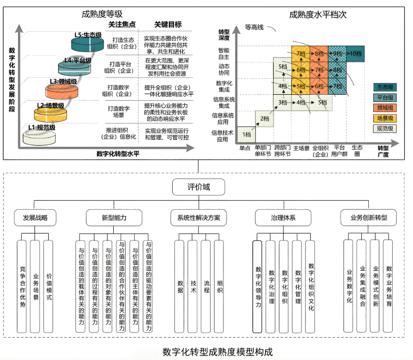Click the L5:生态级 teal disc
(86, 43)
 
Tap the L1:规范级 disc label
(42, 127)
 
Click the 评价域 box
(199, 187)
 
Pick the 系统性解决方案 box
(199, 217)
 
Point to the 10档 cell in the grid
(355, 53)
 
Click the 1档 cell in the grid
(246, 134)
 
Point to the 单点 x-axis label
(245, 148)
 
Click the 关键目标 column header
(168, 24)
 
